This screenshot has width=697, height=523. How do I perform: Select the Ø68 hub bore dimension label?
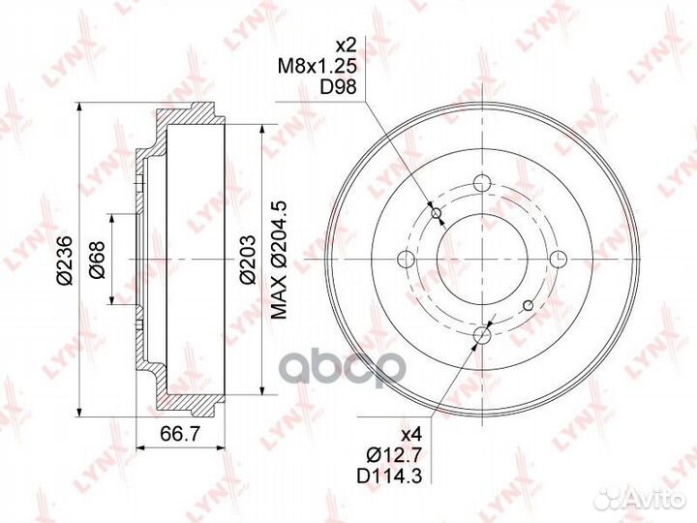point(97,260)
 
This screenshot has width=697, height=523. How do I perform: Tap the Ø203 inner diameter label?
point(248,260)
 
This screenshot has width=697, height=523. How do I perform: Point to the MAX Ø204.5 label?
point(280,260)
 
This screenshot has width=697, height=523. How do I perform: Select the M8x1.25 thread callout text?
point(318,67)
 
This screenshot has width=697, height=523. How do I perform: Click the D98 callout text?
point(338,87)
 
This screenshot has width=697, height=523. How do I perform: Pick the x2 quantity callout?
point(346,46)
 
